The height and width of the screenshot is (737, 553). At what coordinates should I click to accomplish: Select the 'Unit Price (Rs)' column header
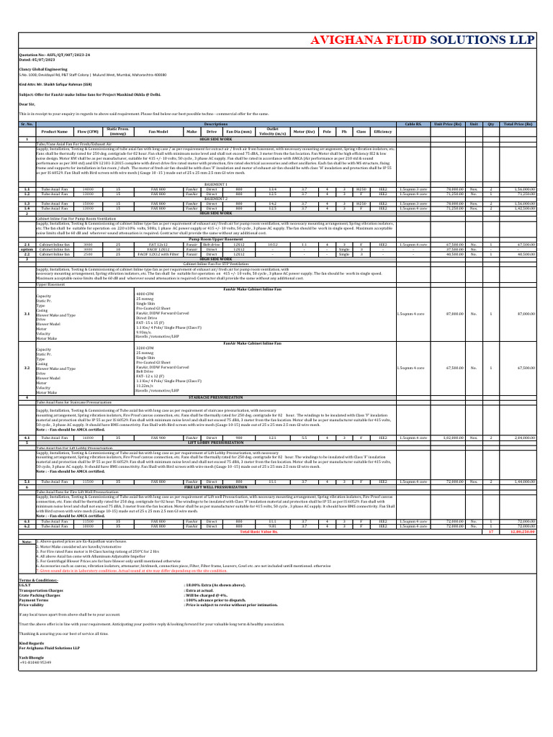click(447, 125)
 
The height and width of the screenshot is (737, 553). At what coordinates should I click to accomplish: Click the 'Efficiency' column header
click(382, 132)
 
